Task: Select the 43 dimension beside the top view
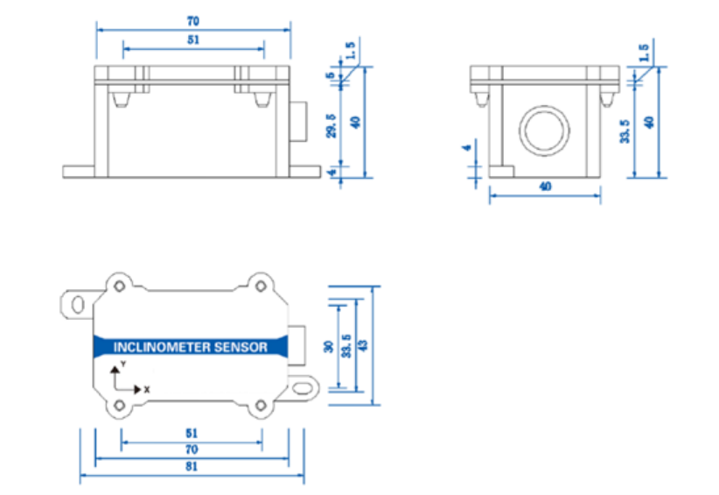(363, 345)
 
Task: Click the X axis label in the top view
(147, 389)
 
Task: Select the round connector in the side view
(546, 131)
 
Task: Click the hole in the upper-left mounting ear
(78, 303)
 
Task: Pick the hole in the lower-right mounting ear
(303, 385)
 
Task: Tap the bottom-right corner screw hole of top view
(260, 406)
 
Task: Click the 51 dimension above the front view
(192, 39)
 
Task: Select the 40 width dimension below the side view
(545, 187)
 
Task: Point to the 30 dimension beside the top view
(329, 347)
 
